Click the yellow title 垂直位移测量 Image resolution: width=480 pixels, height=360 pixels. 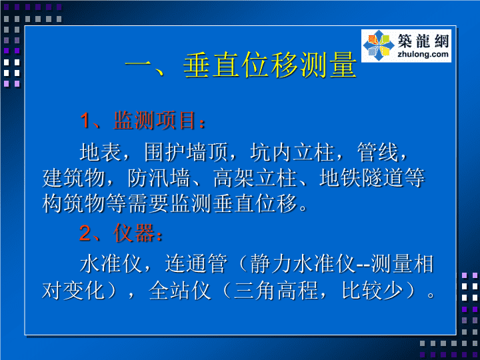click(x=270, y=65)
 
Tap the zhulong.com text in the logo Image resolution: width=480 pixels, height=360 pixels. click(x=423, y=55)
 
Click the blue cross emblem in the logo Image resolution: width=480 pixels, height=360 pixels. click(x=379, y=45)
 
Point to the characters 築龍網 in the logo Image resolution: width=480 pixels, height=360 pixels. click(x=423, y=41)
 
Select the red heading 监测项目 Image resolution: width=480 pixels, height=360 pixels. click(x=155, y=120)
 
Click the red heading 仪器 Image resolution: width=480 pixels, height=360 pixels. click(x=133, y=233)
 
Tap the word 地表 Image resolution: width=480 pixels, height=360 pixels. click(x=101, y=152)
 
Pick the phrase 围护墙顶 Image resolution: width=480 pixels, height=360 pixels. click(x=187, y=152)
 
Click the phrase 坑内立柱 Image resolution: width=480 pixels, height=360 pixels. click(x=292, y=152)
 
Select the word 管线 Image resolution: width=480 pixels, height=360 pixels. click(x=378, y=152)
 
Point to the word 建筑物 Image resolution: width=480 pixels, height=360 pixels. click(x=74, y=178)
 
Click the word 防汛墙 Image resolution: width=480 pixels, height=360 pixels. click(x=159, y=178)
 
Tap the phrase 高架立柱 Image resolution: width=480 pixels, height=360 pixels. click(x=255, y=178)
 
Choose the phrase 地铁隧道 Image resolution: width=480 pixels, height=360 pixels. click(x=361, y=178)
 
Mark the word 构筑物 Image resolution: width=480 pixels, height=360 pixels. click(x=74, y=203)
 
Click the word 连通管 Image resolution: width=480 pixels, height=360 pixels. click(x=196, y=263)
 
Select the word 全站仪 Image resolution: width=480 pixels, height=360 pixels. click(x=180, y=290)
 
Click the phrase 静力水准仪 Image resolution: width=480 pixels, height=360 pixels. click(x=303, y=263)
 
